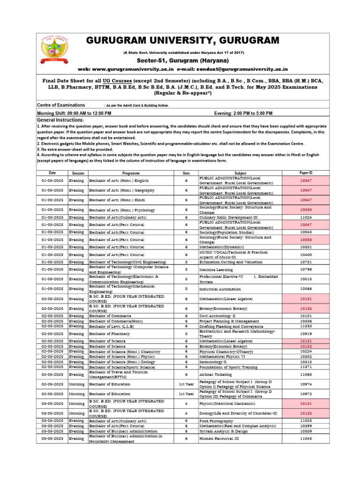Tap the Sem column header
click(x=186, y=173)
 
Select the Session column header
click(x=78, y=173)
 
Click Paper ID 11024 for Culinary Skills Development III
click(x=306, y=217)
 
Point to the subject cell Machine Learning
click(x=215, y=270)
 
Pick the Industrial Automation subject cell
click(x=221, y=289)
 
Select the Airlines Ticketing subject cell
click(x=216, y=375)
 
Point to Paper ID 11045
click(x=306, y=438)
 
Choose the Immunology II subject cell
click(x=213, y=362)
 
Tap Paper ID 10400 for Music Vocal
click(x=306, y=255)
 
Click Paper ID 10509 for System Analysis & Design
click(x=306, y=431)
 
